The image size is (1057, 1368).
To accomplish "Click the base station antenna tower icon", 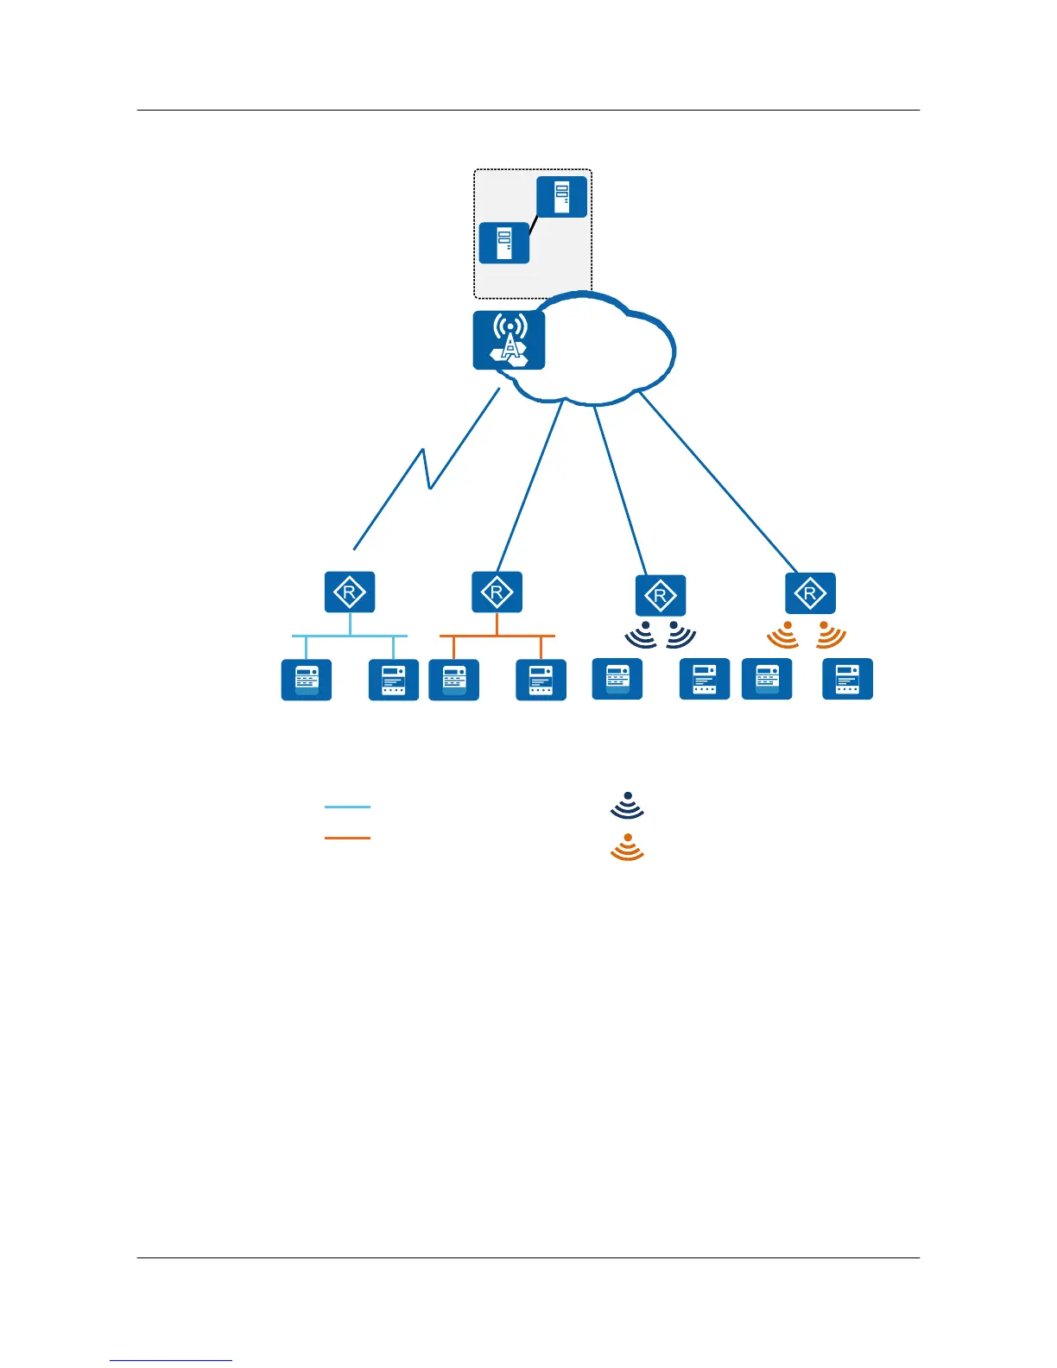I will pyautogui.click(x=510, y=340).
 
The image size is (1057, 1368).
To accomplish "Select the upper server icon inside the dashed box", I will pyautogui.click(x=561, y=197).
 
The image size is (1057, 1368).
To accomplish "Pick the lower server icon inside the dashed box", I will pyautogui.click(x=504, y=243).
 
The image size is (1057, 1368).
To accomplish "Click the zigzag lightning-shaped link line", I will pyautogui.click(x=425, y=471).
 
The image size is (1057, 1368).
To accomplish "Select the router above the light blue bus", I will pyautogui.click(x=350, y=592).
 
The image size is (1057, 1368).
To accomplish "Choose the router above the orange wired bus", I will pyautogui.click(x=497, y=592).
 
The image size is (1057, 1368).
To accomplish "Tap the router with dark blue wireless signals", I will pyautogui.click(x=661, y=595).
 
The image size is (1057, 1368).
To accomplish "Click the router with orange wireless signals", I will pyautogui.click(x=810, y=593).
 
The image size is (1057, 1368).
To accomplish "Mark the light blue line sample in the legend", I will pyautogui.click(x=347, y=807).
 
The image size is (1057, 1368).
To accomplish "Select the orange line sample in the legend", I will pyautogui.click(x=347, y=838).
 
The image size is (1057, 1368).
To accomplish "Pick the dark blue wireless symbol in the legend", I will pyautogui.click(x=628, y=805).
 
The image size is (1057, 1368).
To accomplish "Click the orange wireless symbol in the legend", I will pyautogui.click(x=628, y=847).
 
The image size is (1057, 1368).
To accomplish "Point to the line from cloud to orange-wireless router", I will pyautogui.click(x=717, y=480).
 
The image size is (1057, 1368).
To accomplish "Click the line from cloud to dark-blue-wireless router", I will pyautogui.click(x=619, y=489).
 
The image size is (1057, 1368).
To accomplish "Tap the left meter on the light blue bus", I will pyautogui.click(x=307, y=680).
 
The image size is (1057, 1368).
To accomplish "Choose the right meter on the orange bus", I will pyautogui.click(x=541, y=680).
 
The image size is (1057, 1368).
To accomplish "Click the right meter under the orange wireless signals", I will pyautogui.click(x=847, y=679).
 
